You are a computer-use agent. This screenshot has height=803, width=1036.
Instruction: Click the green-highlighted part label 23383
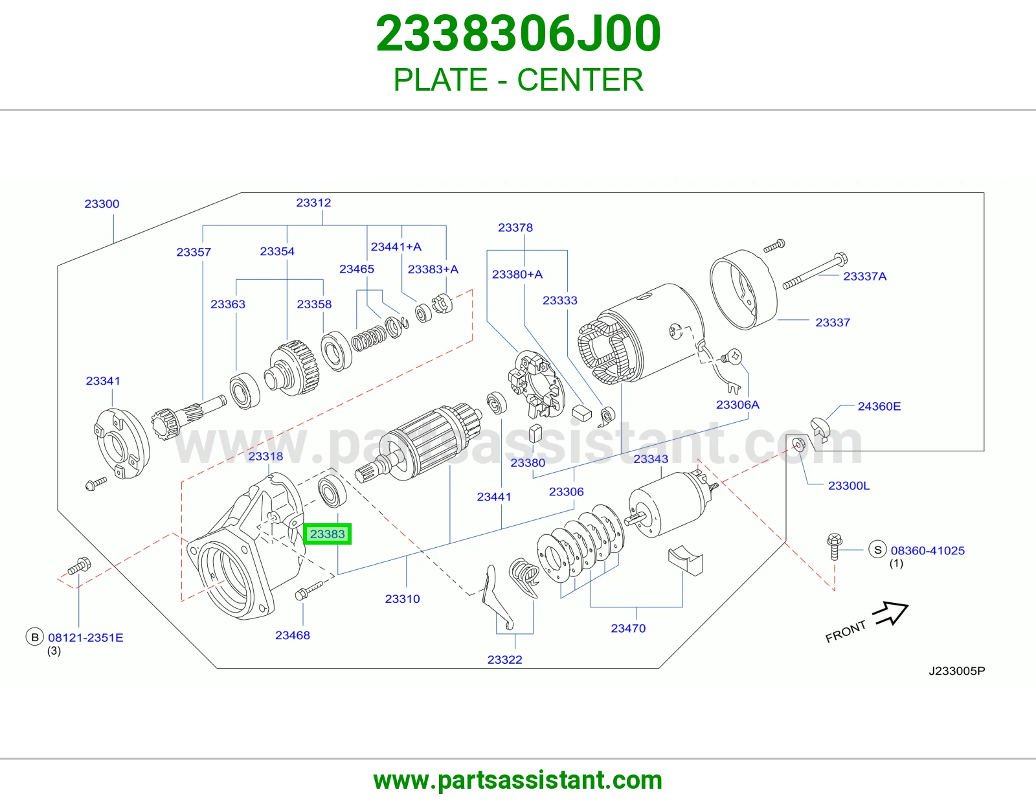tap(327, 534)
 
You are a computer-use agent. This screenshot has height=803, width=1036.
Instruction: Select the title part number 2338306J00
tap(518, 34)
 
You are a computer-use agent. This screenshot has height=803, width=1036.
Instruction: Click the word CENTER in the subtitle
tap(580, 80)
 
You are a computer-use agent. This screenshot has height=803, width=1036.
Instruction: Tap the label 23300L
tap(849, 486)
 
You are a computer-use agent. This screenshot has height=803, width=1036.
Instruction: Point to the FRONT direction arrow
tap(890, 613)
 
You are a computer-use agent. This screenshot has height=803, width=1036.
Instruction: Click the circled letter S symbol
tap(878, 549)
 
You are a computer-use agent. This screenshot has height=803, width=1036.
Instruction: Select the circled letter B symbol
tap(35, 637)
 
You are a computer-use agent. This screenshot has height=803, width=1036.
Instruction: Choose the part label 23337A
tap(865, 276)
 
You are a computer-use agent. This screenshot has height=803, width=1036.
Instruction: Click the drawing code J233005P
tap(956, 671)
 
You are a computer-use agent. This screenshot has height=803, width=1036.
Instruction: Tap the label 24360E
tap(879, 406)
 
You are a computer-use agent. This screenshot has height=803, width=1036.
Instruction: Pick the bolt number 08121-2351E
tap(86, 637)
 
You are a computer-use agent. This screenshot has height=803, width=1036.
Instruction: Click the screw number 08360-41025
tap(928, 550)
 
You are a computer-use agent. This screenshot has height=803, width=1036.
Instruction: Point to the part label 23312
tap(313, 203)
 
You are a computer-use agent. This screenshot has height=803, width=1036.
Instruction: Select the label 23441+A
tap(396, 247)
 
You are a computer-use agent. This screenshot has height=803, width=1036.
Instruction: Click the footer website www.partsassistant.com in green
tap(518, 780)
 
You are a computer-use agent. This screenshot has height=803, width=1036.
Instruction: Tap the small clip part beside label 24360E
tap(820, 427)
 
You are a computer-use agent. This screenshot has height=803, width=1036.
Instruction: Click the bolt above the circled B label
tap(79, 566)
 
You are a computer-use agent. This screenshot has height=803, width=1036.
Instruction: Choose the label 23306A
tap(738, 404)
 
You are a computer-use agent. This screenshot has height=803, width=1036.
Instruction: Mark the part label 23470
tap(628, 628)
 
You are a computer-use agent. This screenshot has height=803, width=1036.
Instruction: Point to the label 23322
tap(505, 659)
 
